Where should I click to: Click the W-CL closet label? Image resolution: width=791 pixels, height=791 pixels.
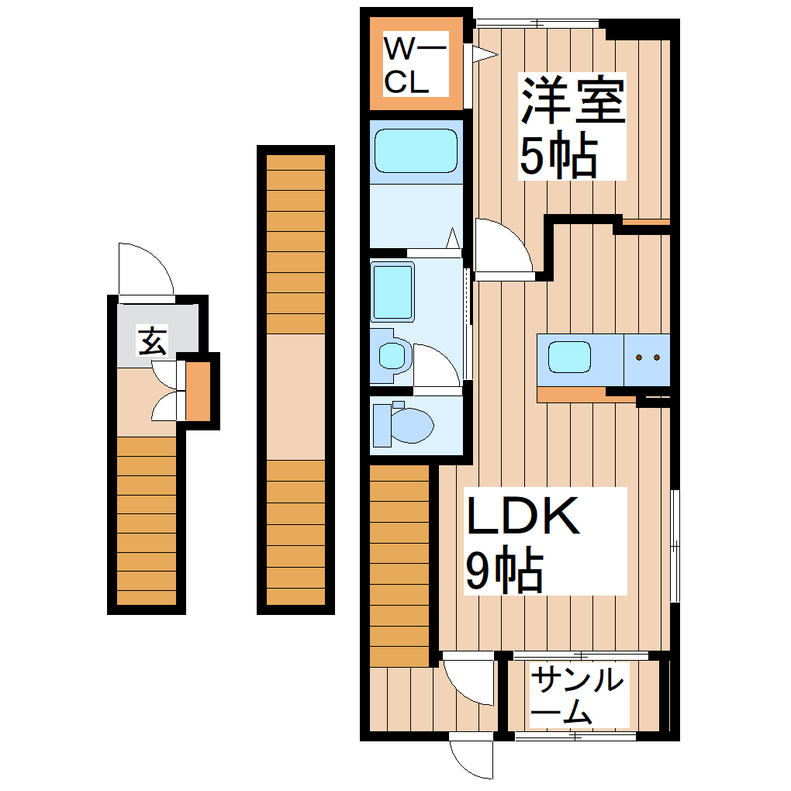click(x=416, y=66)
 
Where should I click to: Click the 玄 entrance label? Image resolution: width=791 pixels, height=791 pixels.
click(x=152, y=341)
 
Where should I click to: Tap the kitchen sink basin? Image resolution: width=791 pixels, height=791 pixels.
click(x=570, y=358)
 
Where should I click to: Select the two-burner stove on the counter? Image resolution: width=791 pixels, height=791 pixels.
click(x=647, y=358)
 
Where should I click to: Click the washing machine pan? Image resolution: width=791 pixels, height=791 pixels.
click(x=393, y=292)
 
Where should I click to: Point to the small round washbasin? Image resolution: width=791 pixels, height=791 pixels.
click(x=391, y=355)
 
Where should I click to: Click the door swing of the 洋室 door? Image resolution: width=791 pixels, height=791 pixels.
click(x=499, y=247)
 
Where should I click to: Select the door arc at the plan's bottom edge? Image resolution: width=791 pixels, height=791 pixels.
click(x=471, y=757)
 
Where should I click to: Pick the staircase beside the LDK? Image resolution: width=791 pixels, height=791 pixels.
click(x=399, y=564)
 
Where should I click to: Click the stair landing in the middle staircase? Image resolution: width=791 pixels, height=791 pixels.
click(x=295, y=395)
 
